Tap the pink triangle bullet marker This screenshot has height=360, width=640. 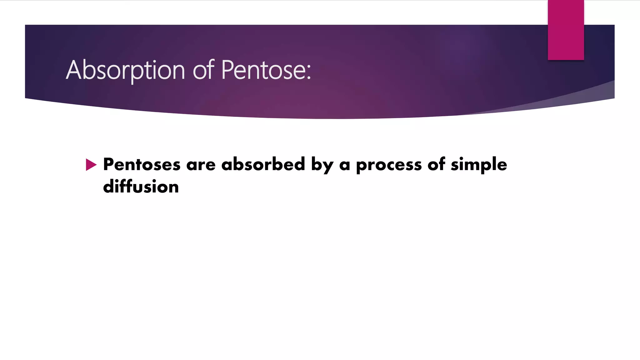click(x=91, y=165)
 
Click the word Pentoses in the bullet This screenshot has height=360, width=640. click(x=142, y=164)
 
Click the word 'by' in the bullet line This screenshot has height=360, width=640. click(x=322, y=165)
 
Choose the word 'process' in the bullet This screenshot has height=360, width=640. click(x=389, y=165)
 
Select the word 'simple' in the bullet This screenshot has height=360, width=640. click(x=479, y=165)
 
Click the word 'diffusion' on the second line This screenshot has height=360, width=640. click(x=141, y=187)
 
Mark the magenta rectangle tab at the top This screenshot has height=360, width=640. click(x=566, y=30)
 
